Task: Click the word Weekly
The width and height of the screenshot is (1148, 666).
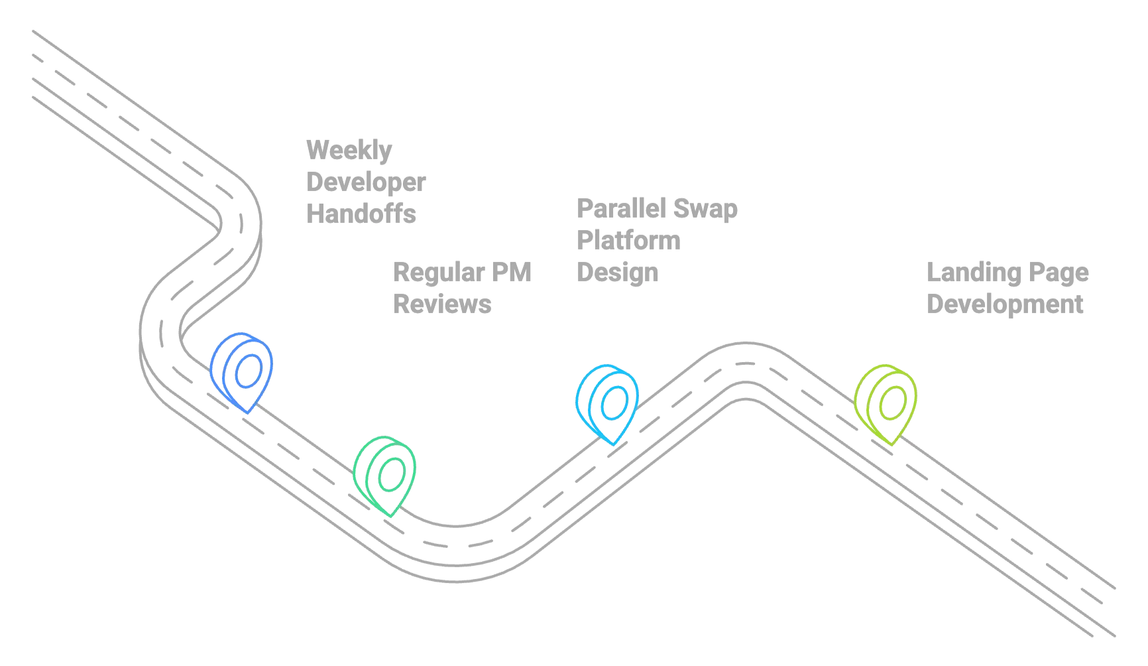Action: pyautogui.click(x=349, y=151)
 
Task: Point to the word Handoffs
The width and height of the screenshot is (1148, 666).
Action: pyautogui.click(x=361, y=214)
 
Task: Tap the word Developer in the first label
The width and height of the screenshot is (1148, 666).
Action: pyautogui.click(x=366, y=182)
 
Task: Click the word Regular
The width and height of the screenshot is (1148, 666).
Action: pyautogui.click(x=439, y=273)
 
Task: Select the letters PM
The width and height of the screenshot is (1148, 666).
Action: pyautogui.click(x=512, y=272)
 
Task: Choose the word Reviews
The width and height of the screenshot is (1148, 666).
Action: pyautogui.click(x=442, y=304)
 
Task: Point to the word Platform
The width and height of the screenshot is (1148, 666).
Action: pyautogui.click(x=628, y=240)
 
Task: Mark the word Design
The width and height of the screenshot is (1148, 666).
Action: pyautogui.click(x=618, y=273)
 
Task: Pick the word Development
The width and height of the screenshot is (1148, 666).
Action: pyautogui.click(x=1005, y=304)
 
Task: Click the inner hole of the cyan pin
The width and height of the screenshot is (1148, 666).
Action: pyautogui.click(x=614, y=402)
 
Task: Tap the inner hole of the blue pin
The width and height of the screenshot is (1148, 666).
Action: pyautogui.click(x=249, y=370)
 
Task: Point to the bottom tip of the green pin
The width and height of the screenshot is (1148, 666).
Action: pyautogui.click(x=391, y=516)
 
